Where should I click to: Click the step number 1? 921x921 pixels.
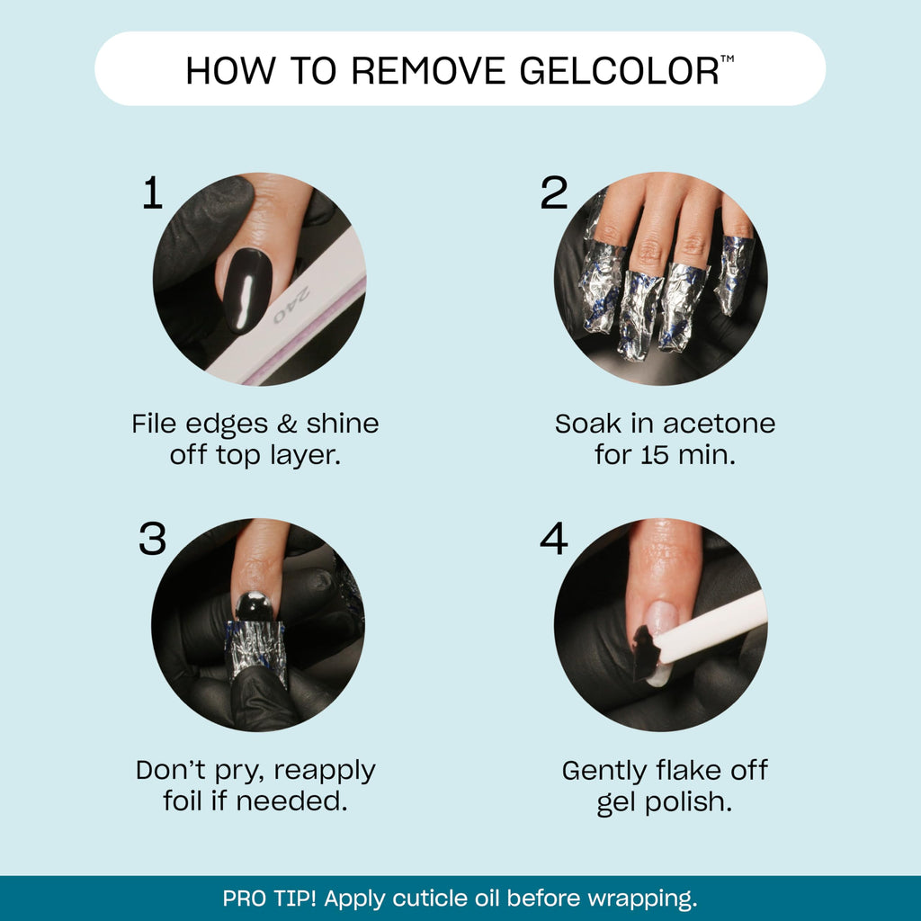click(153, 193)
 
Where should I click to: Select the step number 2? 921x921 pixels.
click(554, 193)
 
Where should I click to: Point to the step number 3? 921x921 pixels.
click(153, 539)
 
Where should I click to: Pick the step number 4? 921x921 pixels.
click(554, 539)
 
